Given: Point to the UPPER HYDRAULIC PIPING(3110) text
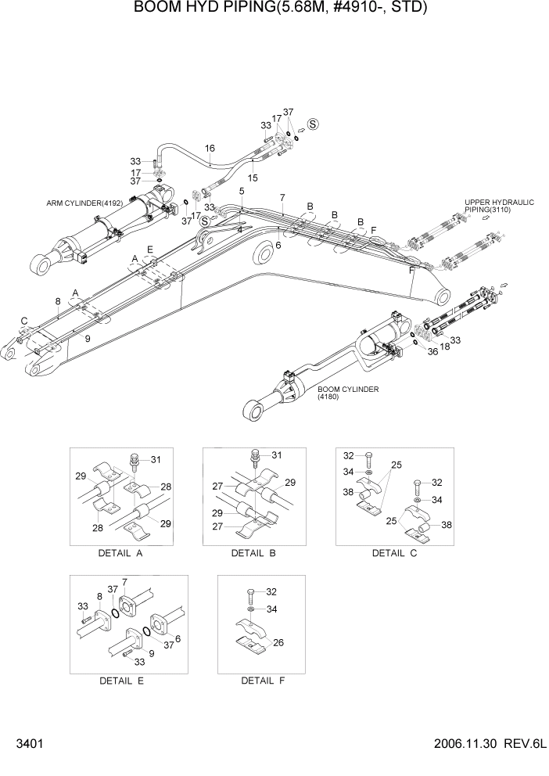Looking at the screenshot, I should (498, 207).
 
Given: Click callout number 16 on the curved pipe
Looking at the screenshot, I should (210, 149).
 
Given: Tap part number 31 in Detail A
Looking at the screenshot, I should (155, 459).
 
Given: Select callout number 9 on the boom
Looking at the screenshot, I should (87, 338).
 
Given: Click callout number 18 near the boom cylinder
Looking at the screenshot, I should (444, 345).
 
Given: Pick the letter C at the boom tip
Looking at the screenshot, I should (23, 321).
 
